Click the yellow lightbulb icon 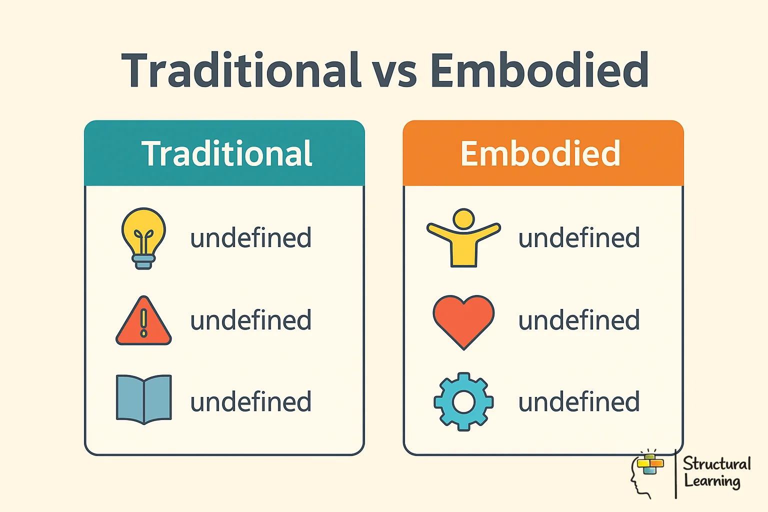click(143, 237)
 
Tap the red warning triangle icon click(143, 321)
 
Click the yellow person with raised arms click(463, 238)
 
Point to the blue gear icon click(463, 401)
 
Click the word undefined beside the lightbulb click(250, 238)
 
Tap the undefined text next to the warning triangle click(250, 320)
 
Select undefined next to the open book click(250, 402)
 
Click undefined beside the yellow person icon click(579, 238)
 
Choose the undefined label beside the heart click(579, 320)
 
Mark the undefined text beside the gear click(579, 402)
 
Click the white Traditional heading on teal click(226, 153)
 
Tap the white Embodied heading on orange click(540, 153)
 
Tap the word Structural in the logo click(716, 463)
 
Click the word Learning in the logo click(712, 481)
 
